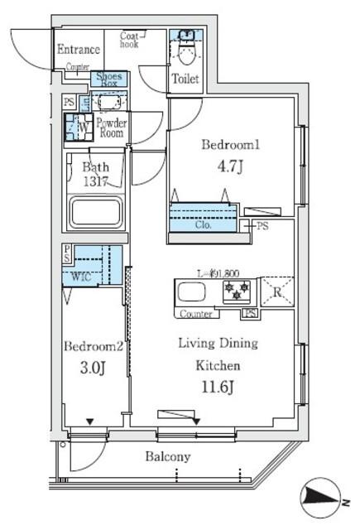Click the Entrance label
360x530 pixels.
[79, 50]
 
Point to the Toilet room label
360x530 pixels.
[185, 79]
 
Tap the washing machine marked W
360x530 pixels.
[80, 128]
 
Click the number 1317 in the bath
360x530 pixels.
[97, 181]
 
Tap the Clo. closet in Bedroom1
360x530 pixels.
[204, 224]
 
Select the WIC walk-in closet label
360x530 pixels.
[81, 276]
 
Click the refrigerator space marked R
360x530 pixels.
[276, 292]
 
